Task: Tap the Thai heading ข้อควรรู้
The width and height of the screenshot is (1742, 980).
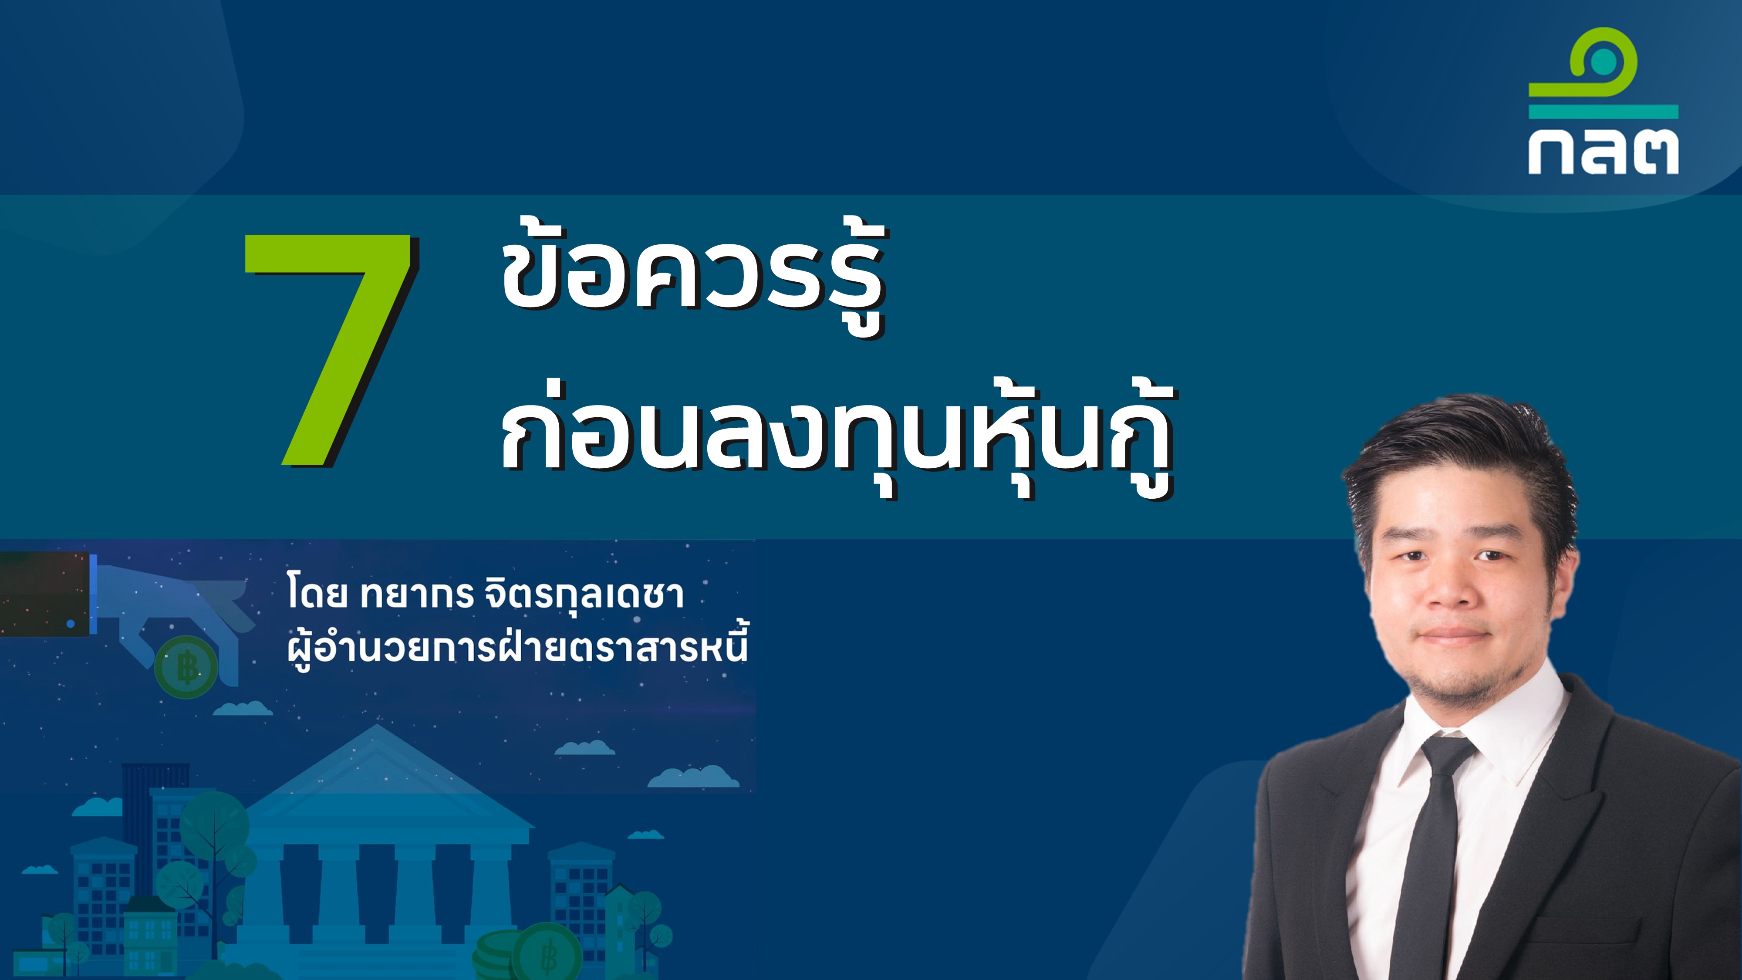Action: click(x=693, y=277)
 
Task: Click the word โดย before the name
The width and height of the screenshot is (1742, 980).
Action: click(x=317, y=593)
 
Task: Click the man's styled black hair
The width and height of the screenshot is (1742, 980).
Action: click(x=1461, y=460)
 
